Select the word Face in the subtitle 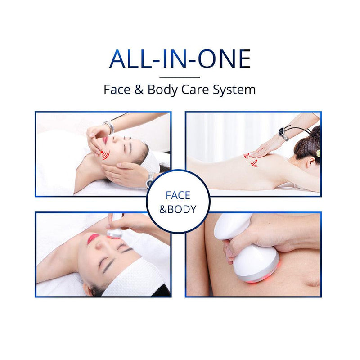(x=118, y=89)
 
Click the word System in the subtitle (x=235, y=89)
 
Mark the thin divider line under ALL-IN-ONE (x=180, y=77)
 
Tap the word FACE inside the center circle (x=178, y=196)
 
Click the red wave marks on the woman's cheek (x=105, y=155)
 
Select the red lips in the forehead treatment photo (x=93, y=238)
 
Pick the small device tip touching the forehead (x=115, y=233)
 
